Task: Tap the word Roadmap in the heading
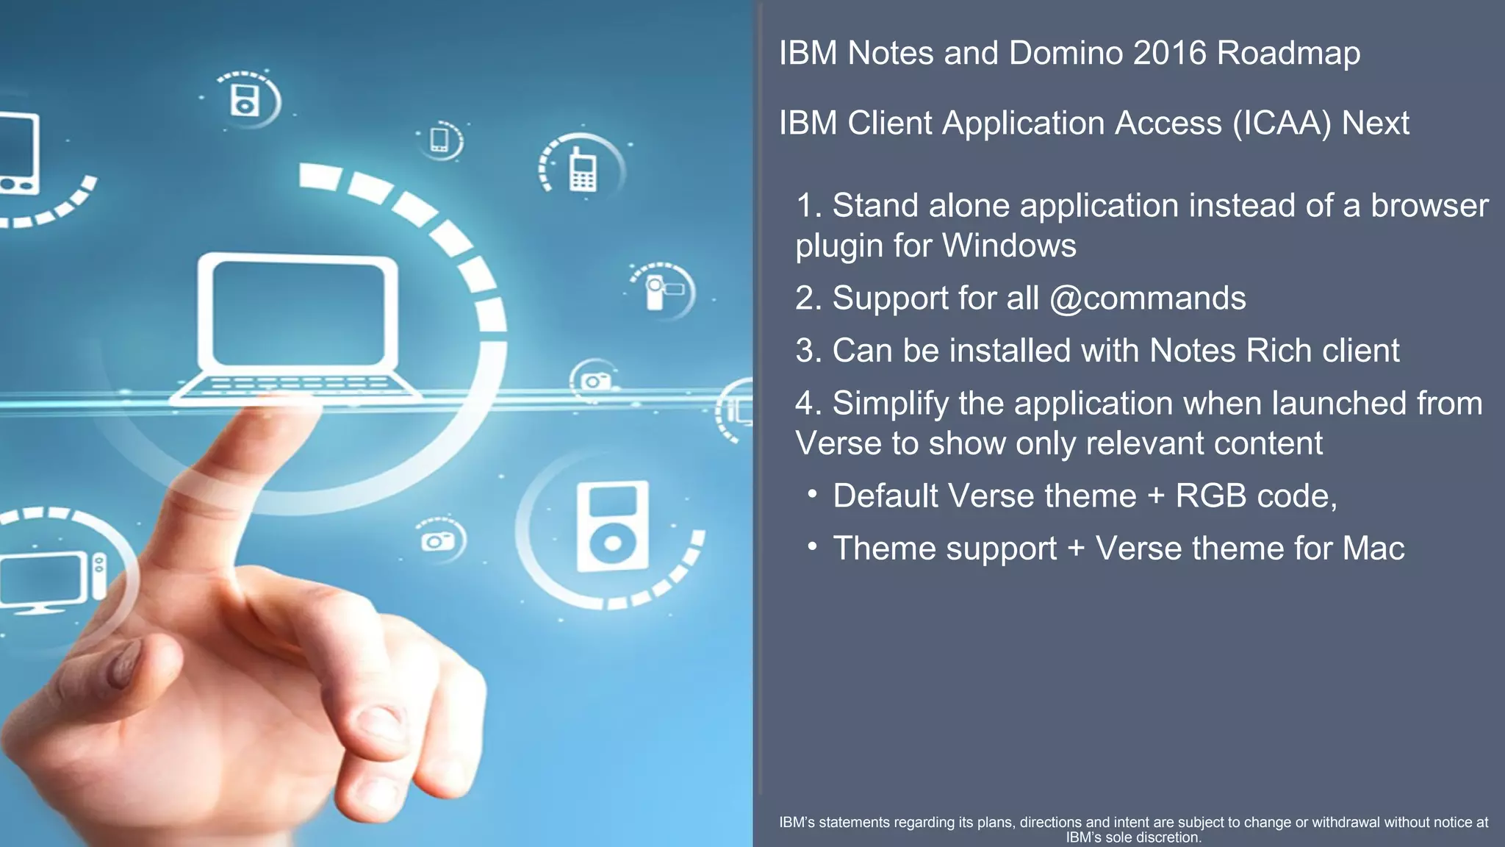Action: point(1288,53)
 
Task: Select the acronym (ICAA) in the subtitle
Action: point(1282,123)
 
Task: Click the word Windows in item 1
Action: point(1009,246)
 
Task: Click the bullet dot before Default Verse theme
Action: point(812,494)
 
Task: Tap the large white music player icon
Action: point(612,526)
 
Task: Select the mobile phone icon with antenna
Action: point(583,171)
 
